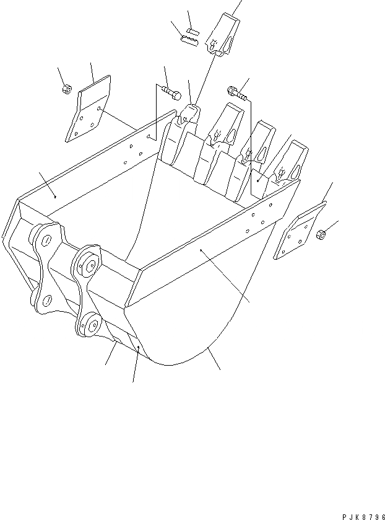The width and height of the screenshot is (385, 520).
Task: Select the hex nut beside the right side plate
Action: click(x=321, y=234)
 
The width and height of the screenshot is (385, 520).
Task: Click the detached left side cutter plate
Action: click(x=88, y=110)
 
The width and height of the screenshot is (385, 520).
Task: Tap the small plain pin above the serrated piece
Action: click(x=192, y=29)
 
